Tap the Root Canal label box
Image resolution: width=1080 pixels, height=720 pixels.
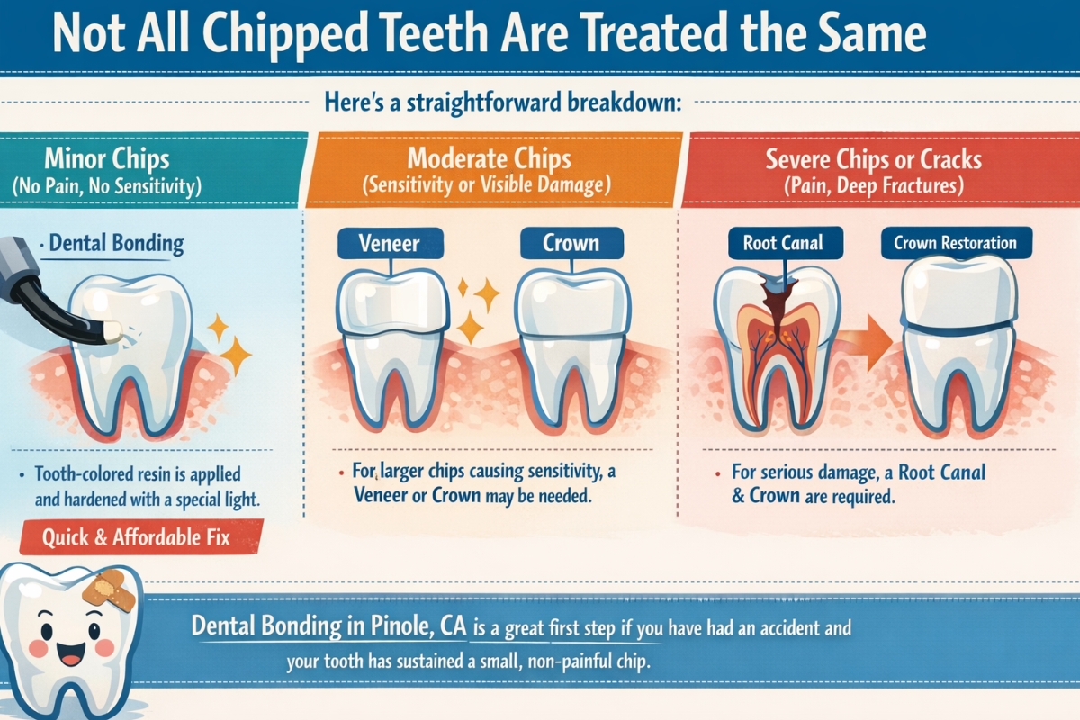[782, 243]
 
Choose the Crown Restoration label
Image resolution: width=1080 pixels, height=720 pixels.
[955, 243]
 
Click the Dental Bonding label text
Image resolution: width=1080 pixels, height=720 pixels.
[117, 243]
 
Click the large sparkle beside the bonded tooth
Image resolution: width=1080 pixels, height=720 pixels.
[236, 357]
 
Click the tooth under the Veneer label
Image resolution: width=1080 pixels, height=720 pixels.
[393, 346]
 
